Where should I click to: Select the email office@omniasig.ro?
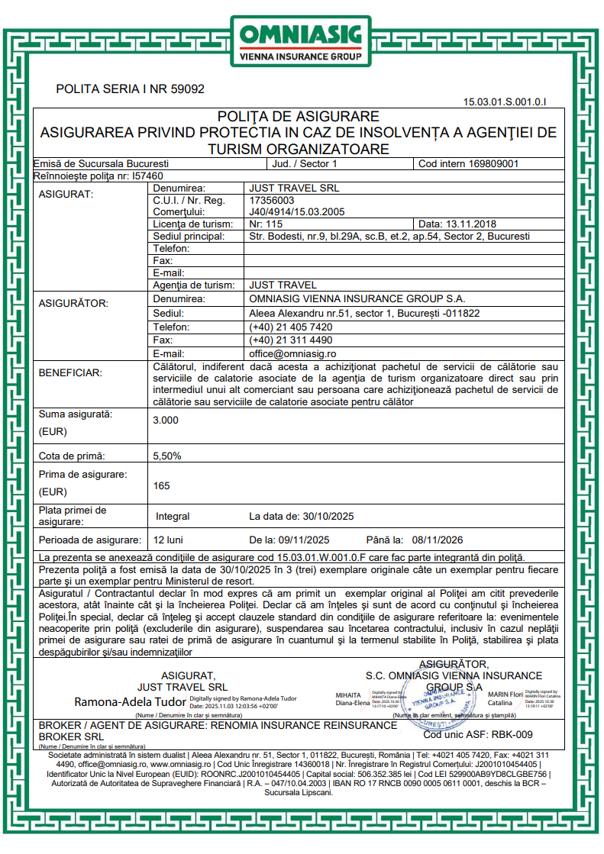click(292, 354)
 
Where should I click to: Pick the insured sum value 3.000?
click(166, 421)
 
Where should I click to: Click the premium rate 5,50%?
click(168, 456)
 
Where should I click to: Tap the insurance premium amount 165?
click(162, 485)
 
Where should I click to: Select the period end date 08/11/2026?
click(438, 540)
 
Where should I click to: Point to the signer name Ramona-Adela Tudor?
click(130, 701)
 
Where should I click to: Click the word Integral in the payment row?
click(173, 517)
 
